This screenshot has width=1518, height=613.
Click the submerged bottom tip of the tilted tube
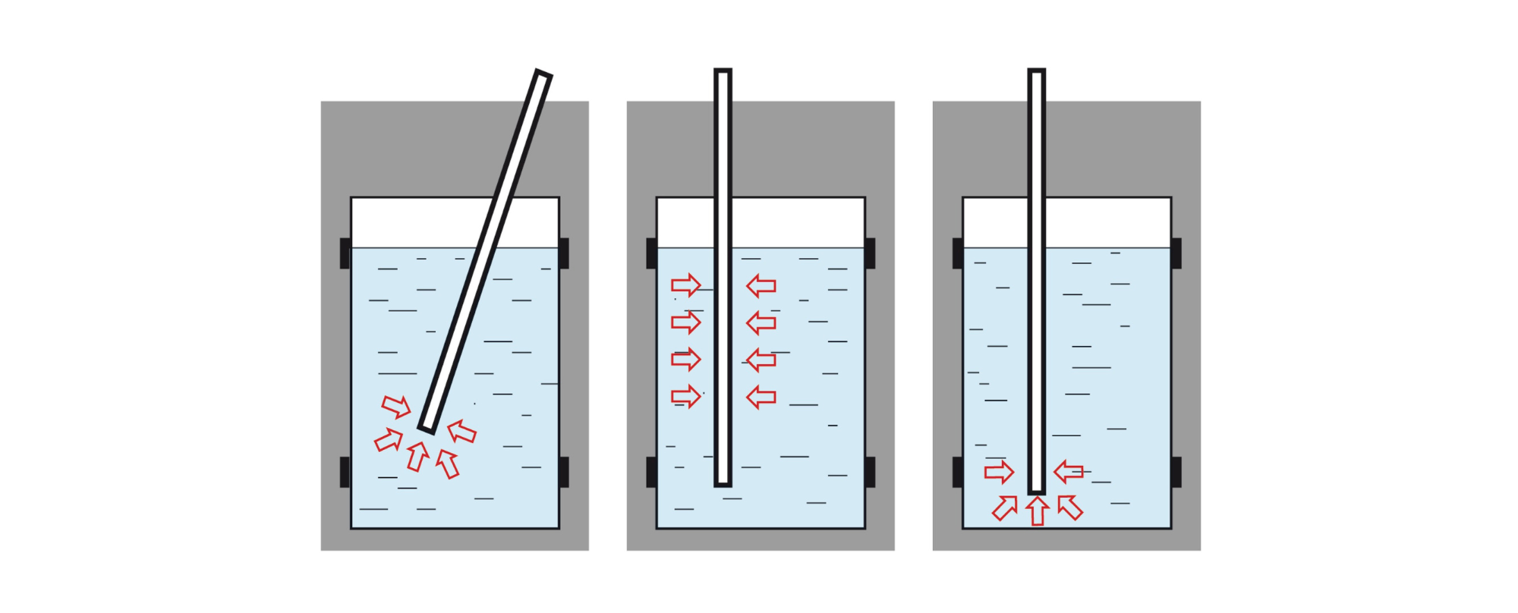(427, 428)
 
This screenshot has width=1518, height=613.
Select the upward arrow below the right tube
(1037, 511)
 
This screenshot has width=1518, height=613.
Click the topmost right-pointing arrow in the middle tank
(685, 285)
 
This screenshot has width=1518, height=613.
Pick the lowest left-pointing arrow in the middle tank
(761, 396)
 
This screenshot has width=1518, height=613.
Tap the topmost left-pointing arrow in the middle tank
(761, 286)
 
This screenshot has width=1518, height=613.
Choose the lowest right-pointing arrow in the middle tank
(685, 396)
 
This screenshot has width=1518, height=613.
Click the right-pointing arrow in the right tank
(999, 472)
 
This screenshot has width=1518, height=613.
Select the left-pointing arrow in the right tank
(1069, 472)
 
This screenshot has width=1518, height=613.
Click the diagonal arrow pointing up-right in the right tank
(1004, 508)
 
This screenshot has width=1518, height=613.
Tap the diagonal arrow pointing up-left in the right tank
(1070, 507)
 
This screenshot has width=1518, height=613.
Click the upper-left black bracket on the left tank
(345, 253)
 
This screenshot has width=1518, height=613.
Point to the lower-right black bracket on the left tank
(564, 472)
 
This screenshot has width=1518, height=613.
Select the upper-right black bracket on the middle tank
(870, 253)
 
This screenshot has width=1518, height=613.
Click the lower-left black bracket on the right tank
(957, 472)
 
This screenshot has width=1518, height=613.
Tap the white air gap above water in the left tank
(410, 222)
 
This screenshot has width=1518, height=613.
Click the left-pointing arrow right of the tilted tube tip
(461, 432)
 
